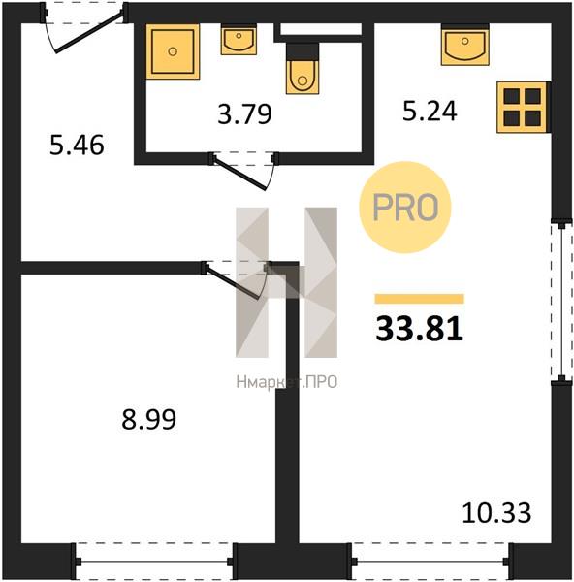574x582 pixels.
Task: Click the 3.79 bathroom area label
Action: [x=244, y=113]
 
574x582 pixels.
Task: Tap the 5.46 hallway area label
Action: [x=77, y=145]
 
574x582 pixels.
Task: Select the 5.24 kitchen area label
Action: [x=430, y=111]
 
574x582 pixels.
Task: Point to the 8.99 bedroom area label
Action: [x=148, y=419]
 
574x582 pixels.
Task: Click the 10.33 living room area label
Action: [x=496, y=512]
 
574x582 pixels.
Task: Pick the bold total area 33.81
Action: [x=419, y=329]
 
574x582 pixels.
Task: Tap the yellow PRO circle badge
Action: [x=405, y=208]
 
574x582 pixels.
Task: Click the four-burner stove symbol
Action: [x=523, y=108]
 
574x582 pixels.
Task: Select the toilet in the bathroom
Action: [x=303, y=69]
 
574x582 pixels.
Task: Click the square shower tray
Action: [x=173, y=51]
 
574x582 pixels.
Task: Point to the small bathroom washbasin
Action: [x=239, y=40]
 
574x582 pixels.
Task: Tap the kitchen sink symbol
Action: [x=464, y=45]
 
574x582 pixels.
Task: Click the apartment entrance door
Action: [x=84, y=28]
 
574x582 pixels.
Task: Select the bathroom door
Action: [x=243, y=171]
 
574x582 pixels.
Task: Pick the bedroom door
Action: [x=236, y=280]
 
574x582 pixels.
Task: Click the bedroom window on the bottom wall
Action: [x=154, y=562]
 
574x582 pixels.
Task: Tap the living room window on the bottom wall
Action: [x=430, y=562]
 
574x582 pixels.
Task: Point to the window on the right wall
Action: [x=561, y=301]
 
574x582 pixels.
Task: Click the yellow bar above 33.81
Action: [x=419, y=299]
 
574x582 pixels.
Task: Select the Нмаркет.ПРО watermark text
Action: [x=286, y=382]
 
